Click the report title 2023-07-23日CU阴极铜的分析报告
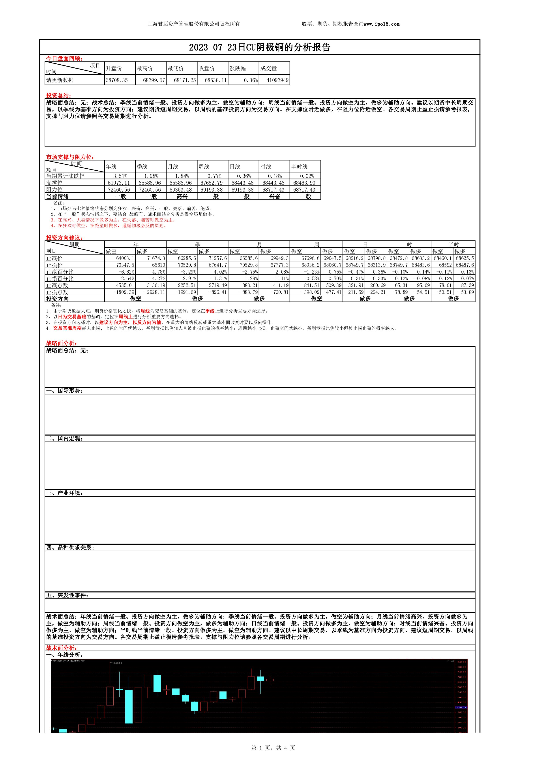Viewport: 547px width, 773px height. [259, 47]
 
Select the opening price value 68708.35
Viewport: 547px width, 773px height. [116, 80]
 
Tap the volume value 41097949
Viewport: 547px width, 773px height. [277, 80]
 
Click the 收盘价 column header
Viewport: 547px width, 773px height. [206, 68]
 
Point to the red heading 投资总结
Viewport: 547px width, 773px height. [58, 96]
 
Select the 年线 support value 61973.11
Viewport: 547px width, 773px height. [119, 183]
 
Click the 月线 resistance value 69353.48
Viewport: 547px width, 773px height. [181, 190]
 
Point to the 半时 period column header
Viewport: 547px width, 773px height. [453, 244]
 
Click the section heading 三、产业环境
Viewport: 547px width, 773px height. [64, 493]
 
